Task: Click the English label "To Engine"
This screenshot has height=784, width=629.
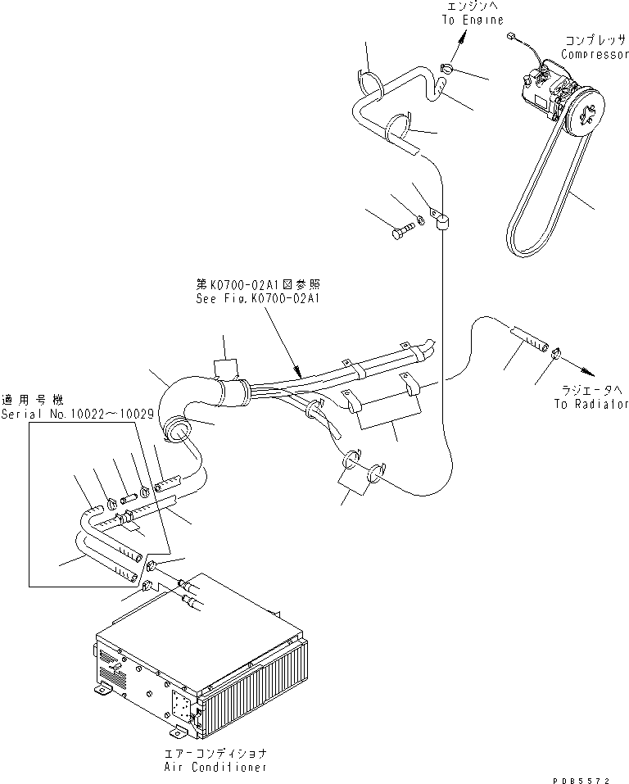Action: coord(473,20)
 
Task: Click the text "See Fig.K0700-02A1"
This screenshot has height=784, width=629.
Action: coord(258,299)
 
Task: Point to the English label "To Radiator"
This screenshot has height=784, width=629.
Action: coord(591,404)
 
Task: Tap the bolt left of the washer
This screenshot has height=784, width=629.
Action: coord(400,233)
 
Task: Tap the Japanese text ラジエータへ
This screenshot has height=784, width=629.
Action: coord(591,388)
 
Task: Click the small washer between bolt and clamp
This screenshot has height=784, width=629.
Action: coord(419,220)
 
